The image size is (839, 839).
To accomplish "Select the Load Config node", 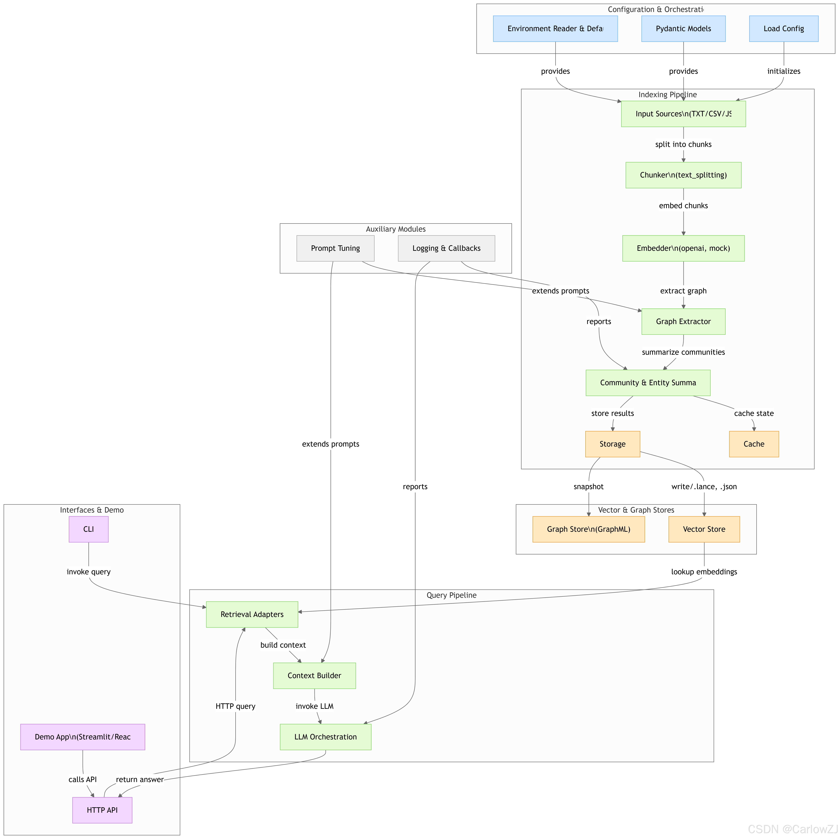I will click(783, 29).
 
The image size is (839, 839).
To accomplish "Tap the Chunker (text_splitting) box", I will click(683, 175).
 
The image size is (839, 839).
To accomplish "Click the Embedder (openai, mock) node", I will click(683, 248).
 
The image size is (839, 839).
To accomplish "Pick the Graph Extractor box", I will click(683, 321).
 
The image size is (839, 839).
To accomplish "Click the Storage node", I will click(612, 444).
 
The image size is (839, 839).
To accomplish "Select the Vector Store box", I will click(704, 529).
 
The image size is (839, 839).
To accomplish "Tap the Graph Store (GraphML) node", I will click(588, 529).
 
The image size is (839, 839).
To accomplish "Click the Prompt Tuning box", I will click(335, 248).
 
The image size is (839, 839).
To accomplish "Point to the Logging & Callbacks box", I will click(446, 248).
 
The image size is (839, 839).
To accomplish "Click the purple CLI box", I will click(89, 529).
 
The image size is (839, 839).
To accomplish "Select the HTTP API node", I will click(102, 810).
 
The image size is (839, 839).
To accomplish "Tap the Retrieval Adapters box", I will click(252, 614).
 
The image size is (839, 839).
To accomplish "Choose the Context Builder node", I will click(314, 675).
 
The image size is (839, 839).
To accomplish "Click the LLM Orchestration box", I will click(325, 737).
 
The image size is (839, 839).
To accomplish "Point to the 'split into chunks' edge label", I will click(683, 144).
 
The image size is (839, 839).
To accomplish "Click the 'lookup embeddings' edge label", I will click(704, 571).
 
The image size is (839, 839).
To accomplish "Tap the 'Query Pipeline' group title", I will click(451, 595).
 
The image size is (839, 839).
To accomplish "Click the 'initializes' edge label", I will click(783, 71).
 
